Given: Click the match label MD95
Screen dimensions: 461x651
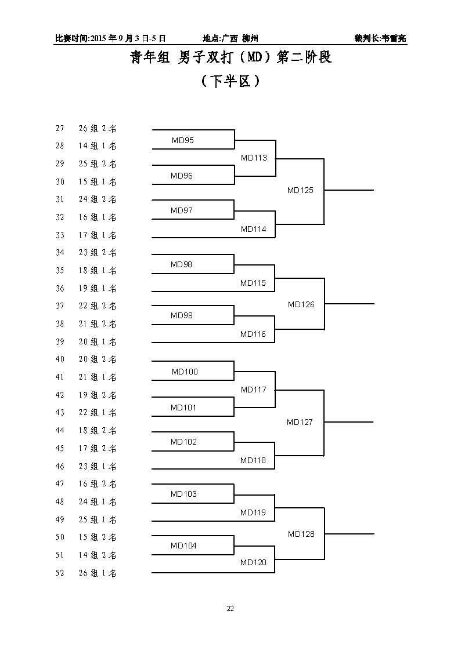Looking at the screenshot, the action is (x=183, y=140).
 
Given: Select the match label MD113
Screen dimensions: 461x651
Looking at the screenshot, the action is (x=254, y=158).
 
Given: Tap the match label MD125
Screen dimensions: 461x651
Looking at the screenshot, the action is (x=300, y=190).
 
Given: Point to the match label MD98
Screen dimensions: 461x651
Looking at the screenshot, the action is (x=181, y=264).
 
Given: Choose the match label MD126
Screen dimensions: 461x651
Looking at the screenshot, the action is (x=301, y=304).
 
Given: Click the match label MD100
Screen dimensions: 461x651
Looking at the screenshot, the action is (x=185, y=372).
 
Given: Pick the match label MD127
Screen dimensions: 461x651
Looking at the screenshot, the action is (x=299, y=422).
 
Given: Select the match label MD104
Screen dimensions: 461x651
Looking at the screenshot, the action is (x=183, y=545).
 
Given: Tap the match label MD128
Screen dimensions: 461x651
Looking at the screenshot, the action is (x=301, y=534).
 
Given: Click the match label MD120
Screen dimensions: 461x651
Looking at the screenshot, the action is (x=253, y=562).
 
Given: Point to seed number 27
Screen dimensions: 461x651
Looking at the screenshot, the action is (x=60, y=128).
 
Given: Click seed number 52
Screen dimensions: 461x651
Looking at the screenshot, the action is (x=60, y=573).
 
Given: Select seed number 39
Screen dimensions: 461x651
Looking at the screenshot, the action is (x=60, y=341).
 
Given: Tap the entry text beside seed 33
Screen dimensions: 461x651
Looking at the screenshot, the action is (x=98, y=235).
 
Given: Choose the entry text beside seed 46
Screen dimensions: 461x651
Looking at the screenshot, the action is (x=98, y=466).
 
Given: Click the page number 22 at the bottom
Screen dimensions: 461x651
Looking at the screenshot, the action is (x=230, y=609).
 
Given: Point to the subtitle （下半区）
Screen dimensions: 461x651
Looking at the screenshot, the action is (x=230, y=81).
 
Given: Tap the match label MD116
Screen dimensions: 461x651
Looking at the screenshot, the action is (x=253, y=334).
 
